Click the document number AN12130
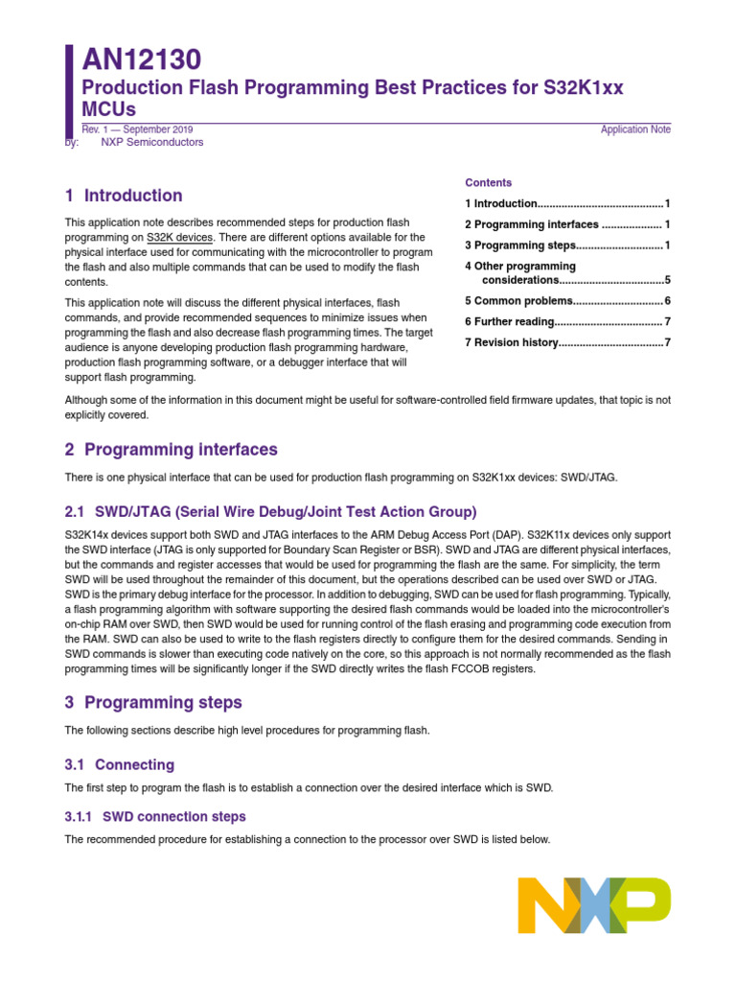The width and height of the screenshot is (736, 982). (141, 60)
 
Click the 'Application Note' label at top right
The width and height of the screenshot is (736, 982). (635, 129)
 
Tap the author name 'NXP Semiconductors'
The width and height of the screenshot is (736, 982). (151, 142)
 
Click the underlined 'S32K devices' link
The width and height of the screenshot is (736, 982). (180, 237)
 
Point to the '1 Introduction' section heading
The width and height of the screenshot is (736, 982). (124, 196)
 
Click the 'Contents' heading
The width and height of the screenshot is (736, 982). (489, 182)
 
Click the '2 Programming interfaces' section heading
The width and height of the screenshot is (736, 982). (172, 450)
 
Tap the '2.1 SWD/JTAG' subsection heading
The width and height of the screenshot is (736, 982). (270, 512)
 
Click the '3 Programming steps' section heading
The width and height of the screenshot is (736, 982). (153, 702)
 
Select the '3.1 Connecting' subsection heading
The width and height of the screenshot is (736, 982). (120, 764)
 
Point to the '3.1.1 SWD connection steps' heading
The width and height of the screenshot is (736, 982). (155, 817)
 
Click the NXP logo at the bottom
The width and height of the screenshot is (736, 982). (593, 906)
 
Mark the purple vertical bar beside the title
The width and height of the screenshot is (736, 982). (69, 92)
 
